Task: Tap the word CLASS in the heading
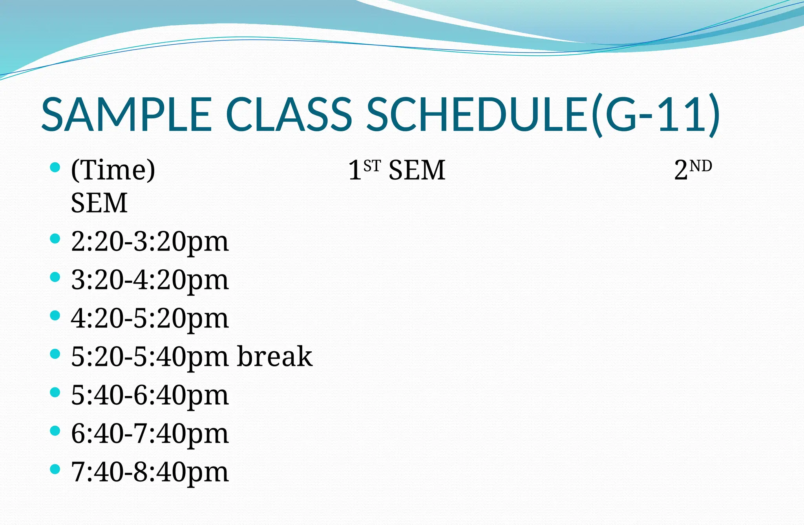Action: [289, 114]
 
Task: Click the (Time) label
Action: [113, 170]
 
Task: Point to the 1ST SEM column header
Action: [397, 170]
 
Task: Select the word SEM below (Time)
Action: [99, 203]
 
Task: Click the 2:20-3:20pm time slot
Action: [150, 242]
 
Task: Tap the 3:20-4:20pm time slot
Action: [150, 280]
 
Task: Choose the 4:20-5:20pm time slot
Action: [150, 318]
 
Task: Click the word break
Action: [274, 356]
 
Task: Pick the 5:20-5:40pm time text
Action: [150, 357]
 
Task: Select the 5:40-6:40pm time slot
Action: [150, 395]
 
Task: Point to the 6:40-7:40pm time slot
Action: [150, 434]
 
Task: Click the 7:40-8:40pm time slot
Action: [150, 472]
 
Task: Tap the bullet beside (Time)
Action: [55, 168]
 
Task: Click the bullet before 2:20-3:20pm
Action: [55, 238]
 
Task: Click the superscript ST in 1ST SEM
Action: [372, 166]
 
